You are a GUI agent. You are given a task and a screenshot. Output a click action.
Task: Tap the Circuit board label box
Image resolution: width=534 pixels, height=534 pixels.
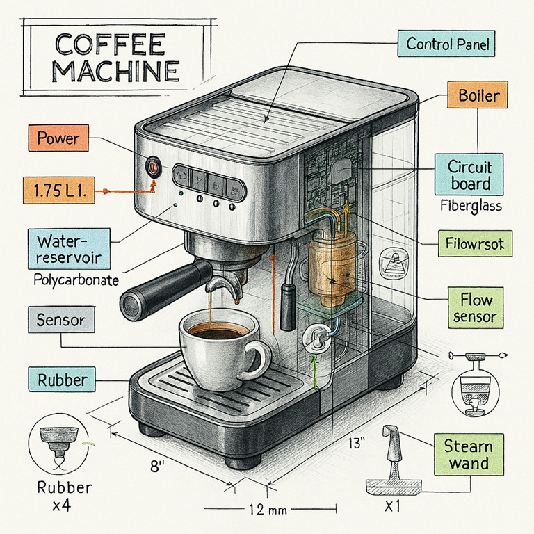point(469,176)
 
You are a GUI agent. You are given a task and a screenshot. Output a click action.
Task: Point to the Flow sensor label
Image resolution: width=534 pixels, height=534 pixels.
point(476,309)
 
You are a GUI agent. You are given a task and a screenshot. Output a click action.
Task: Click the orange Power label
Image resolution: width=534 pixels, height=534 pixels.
point(59,138)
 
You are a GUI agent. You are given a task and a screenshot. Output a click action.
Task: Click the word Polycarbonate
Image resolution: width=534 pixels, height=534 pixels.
point(76,281)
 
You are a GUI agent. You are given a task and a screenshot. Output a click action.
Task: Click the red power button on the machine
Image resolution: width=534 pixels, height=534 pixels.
point(152,167)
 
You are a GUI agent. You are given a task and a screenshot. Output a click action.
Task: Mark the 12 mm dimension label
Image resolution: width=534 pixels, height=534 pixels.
point(267,510)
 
